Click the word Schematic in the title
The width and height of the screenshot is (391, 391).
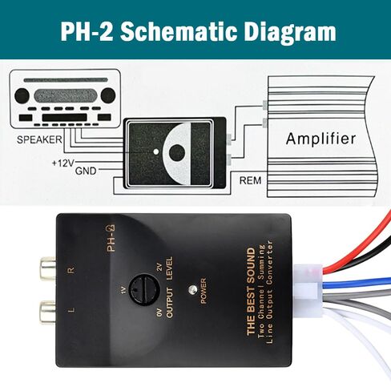[179, 31]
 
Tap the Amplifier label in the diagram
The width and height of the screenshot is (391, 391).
[320, 139]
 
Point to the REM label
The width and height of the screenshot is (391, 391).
[250, 180]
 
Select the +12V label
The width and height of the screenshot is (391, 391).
[63, 163]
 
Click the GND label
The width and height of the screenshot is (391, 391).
[86, 171]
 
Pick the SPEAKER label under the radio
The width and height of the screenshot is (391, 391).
[39, 139]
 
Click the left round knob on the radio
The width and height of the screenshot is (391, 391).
[22, 96]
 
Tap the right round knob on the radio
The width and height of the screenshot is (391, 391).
[108, 95]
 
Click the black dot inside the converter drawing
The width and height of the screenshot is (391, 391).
[177, 152]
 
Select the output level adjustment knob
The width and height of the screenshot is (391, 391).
[144, 290]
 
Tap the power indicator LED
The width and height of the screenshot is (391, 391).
[192, 290]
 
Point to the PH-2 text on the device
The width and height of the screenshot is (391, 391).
[111, 238]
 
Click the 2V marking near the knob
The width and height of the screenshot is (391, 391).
[159, 267]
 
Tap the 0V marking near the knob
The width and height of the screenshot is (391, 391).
[159, 312]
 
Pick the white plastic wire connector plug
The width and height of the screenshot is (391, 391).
[308, 290]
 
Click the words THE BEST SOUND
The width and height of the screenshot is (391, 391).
[251, 291]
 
